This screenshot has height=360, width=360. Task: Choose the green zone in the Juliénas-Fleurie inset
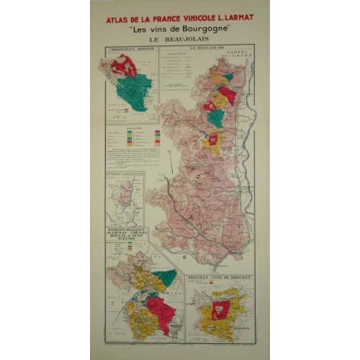(x=165, y=278)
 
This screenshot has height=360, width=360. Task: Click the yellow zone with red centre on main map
(x=213, y=144)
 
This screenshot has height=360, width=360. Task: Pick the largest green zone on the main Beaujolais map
(x=215, y=119)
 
